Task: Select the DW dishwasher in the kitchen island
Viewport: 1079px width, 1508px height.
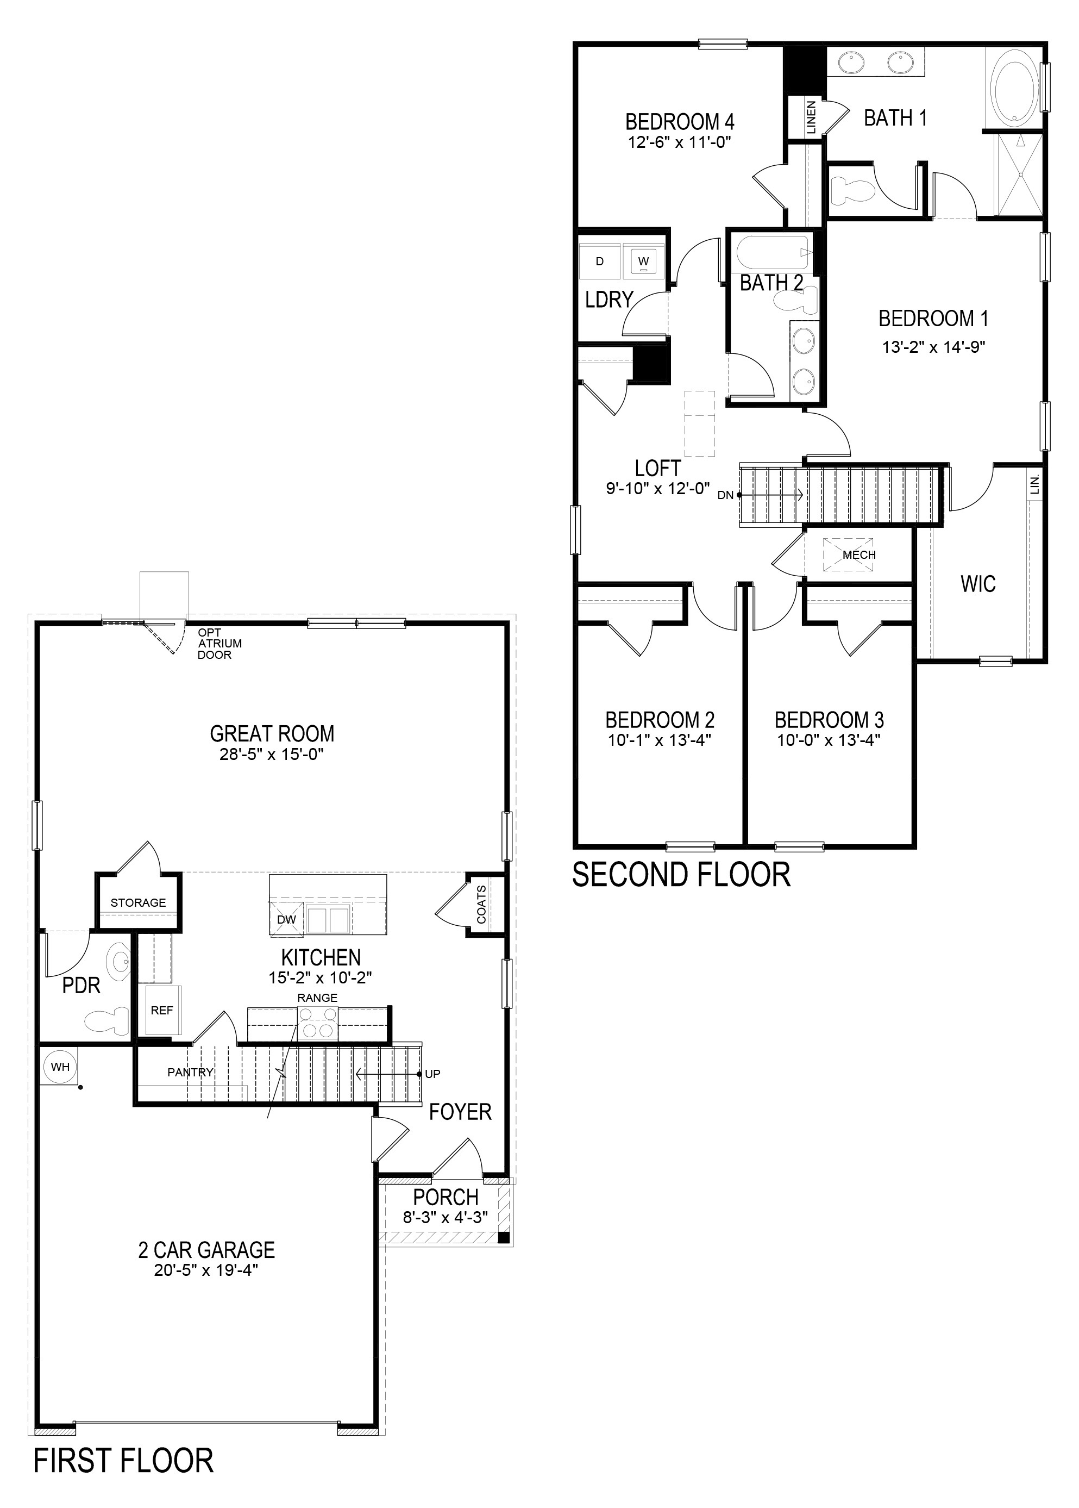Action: [x=286, y=919]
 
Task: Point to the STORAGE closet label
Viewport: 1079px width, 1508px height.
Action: [x=138, y=902]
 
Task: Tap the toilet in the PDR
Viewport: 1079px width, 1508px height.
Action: [x=108, y=1021]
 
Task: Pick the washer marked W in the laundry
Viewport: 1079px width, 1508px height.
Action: [x=643, y=261]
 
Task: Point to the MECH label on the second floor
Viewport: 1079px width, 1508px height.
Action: [x=859, y=554]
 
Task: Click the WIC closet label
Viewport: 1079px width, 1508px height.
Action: [x=978, y=584]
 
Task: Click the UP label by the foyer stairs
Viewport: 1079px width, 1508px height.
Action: [x=432, y=1073]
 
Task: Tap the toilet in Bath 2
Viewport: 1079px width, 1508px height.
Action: [x=795, y=302]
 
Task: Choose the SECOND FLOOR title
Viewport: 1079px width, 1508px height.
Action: [x=682, y=875]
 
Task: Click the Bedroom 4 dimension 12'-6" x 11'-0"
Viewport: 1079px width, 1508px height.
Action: [x=680, y=142]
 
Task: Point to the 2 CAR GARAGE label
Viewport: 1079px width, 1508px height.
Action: [x=206, y=1249]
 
